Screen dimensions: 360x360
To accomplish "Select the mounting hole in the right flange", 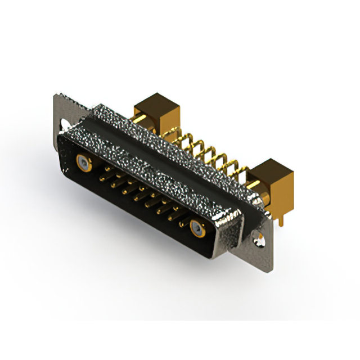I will click(x=260, y=238).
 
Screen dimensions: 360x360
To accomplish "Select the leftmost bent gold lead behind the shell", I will click(x=169, y=135).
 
